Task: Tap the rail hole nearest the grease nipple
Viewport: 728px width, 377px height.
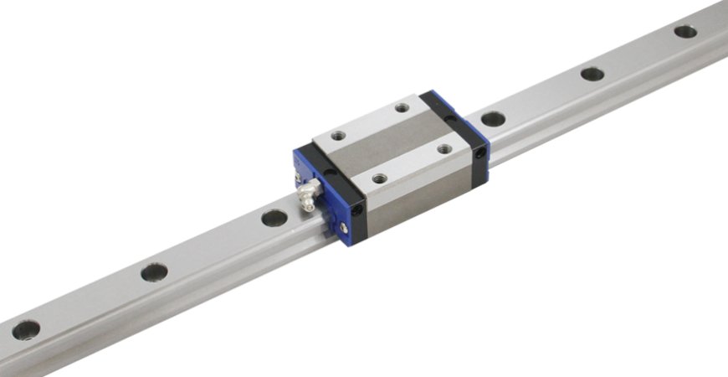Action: point(274,218)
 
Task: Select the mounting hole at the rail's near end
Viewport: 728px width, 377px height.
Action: point(26,329)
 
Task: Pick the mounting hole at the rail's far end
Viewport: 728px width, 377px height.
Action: point(685,32)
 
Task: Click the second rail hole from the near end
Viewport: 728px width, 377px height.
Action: point(154,271)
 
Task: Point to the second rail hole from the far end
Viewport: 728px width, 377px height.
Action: point(592,74)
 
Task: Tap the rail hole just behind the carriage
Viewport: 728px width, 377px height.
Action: point(494,118)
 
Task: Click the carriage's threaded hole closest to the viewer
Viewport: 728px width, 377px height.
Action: point(379,178)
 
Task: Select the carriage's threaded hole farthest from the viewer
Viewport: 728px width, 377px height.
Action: point(402,107)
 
